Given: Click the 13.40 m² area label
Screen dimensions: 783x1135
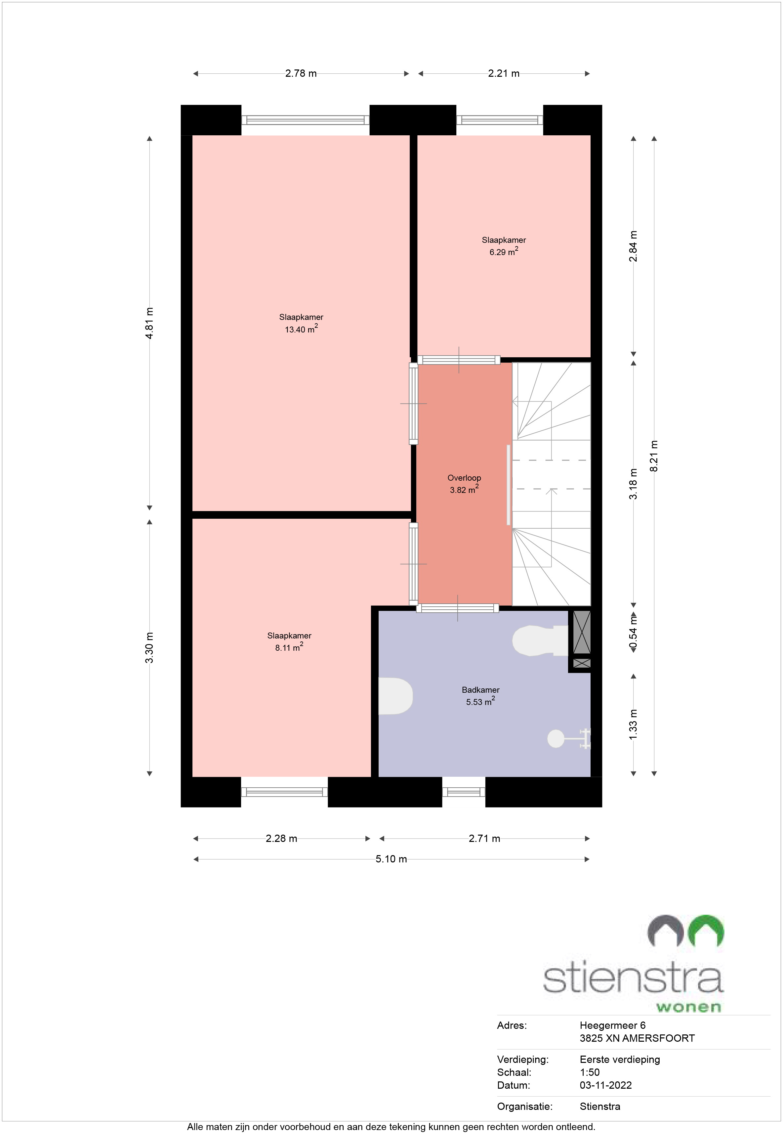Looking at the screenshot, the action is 301,329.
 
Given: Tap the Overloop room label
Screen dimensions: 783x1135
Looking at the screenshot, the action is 464,477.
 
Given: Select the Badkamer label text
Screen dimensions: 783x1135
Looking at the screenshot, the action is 480,689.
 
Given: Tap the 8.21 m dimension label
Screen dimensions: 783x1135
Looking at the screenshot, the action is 654,456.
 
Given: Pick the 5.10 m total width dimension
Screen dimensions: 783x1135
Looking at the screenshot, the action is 391,859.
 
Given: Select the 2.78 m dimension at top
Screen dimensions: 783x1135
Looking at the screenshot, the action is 301,73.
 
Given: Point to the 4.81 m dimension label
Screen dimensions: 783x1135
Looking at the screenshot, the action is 150,323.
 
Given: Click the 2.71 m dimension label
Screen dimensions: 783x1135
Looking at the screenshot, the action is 484,838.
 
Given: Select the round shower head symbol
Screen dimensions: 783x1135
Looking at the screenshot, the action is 556,738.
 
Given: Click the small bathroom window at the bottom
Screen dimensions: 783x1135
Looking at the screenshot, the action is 464,792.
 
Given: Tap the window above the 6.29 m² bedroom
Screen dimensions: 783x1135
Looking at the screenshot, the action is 499,120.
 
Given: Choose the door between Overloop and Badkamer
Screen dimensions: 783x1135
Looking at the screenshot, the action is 458,608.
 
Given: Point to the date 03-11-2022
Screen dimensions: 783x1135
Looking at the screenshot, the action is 605,1085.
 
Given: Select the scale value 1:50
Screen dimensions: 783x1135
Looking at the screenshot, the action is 589,1072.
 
